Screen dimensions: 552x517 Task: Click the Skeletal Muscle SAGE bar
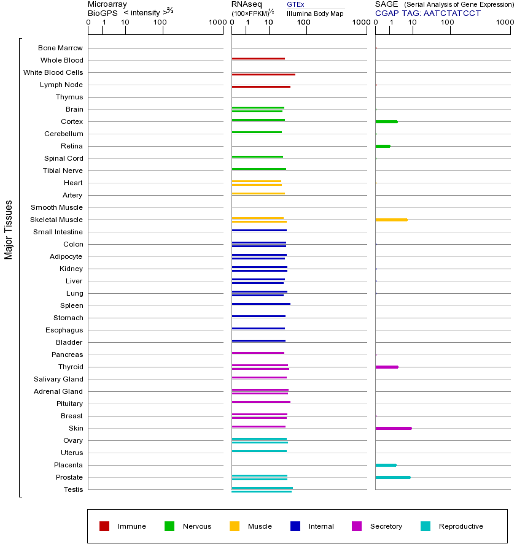click(391, 220)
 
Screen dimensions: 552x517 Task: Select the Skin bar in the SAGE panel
click(393, 428)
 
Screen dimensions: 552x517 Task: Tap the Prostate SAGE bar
click(392, 477)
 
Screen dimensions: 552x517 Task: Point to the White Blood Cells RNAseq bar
click(263, 74)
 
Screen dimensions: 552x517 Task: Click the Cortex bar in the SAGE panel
click(386, 121)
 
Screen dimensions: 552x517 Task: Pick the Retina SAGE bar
click(383, 146)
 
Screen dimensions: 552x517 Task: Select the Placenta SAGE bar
click(386, 465)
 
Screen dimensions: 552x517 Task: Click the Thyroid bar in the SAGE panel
click(386, 367)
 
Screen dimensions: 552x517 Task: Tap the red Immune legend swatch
click(104, 526)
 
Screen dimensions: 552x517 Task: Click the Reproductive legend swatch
click(426, 526)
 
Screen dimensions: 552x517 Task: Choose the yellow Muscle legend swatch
click(235, 526)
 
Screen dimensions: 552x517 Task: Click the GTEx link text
click(295, 4)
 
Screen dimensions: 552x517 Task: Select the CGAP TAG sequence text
click(428, 13)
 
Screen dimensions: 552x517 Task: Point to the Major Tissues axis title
click(9, 229)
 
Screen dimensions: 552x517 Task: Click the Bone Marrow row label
click(60, 48)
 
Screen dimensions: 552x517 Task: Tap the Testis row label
click(73, 489)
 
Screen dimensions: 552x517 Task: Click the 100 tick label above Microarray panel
click(160, 23)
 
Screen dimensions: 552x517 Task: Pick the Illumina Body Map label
click(315, 13)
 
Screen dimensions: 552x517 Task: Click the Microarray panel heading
click(107, 4)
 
